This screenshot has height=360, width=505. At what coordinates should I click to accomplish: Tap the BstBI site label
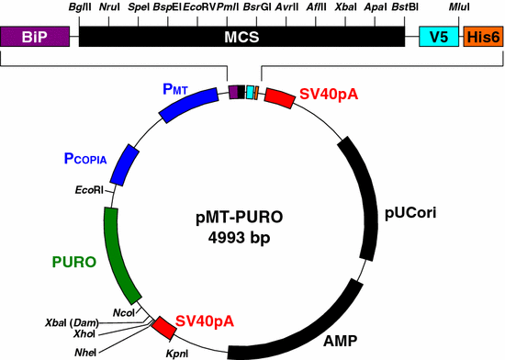pyautogui.click(x=404, y=7)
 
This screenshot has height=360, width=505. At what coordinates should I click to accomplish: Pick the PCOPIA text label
pyautogui.click(x=86, y=158)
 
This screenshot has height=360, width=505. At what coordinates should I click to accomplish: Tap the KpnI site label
pyautogui.click(x=177, y=352)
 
